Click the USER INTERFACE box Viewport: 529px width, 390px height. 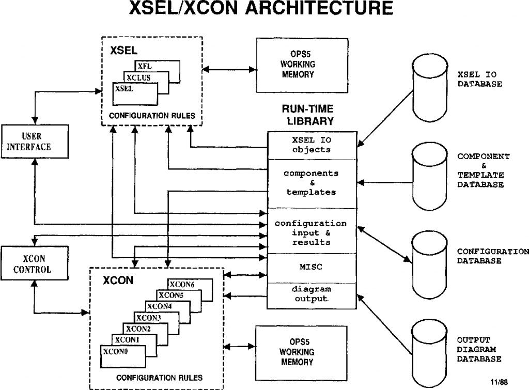pos(33,141)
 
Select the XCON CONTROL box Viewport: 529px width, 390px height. pos(33,263)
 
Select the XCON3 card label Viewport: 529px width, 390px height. pos(147,317)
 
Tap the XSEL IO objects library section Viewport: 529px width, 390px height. pos(312,145)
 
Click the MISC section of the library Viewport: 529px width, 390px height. pos(312,268)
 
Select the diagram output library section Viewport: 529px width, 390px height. pos(312,294)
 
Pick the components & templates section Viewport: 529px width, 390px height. pos(312,183)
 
